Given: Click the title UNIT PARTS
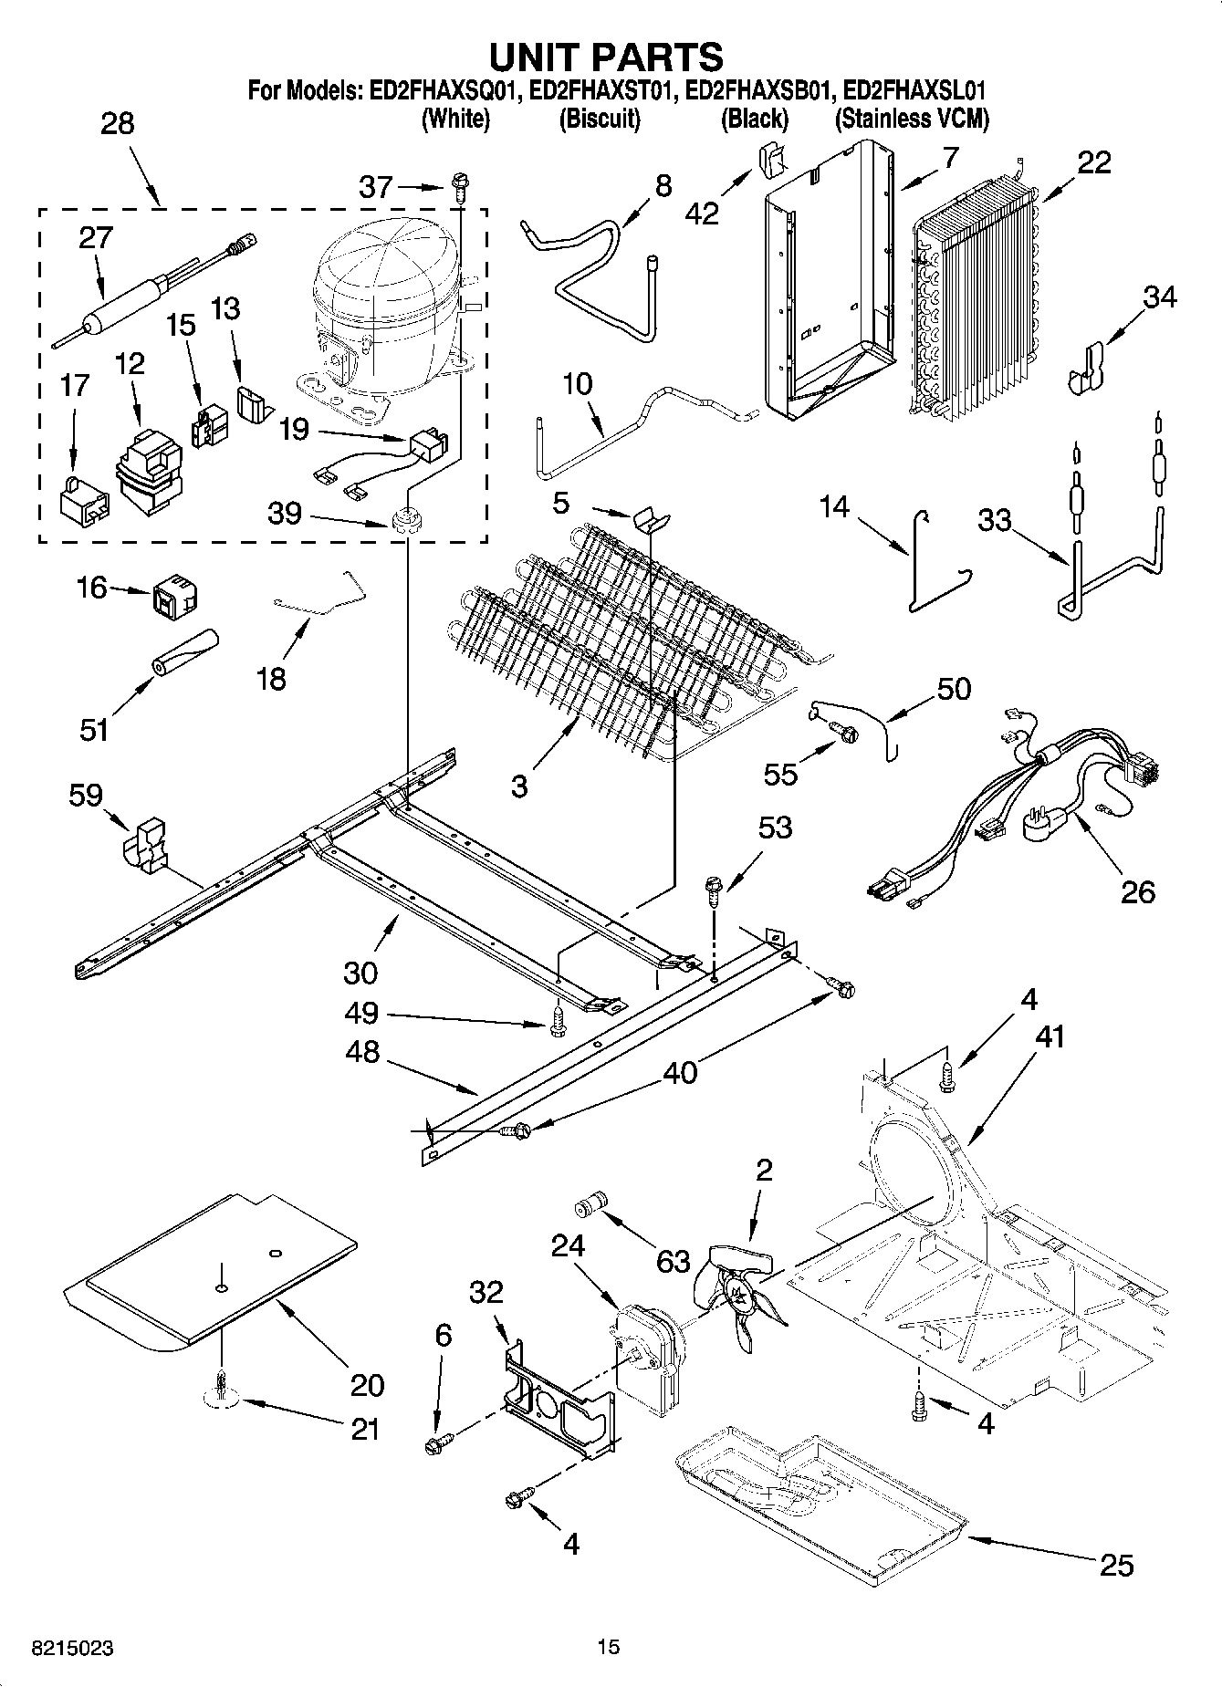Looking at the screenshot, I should (606, 57).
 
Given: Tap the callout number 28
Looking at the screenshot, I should (117, 123).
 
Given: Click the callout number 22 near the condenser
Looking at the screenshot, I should (1094, 162).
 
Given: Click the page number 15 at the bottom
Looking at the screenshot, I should (609, 1647).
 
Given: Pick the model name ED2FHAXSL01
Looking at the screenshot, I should (914, 91).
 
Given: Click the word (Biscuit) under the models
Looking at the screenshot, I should (600, 120).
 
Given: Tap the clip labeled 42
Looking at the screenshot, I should (770, 161).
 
